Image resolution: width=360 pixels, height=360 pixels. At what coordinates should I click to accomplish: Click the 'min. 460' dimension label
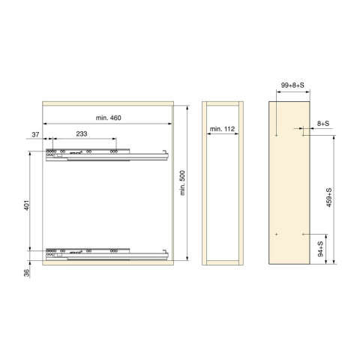(109, 118)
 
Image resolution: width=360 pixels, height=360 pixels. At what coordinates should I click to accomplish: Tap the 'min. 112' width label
(223, 130)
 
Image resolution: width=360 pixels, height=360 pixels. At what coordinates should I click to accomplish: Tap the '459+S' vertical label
(330, 202)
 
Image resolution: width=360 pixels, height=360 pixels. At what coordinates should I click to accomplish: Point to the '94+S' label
(321, 248)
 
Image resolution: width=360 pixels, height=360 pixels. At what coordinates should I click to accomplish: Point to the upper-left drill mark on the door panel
(277, 136)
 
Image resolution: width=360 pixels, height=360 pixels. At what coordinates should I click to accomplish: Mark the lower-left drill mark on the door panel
(277, 234)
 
